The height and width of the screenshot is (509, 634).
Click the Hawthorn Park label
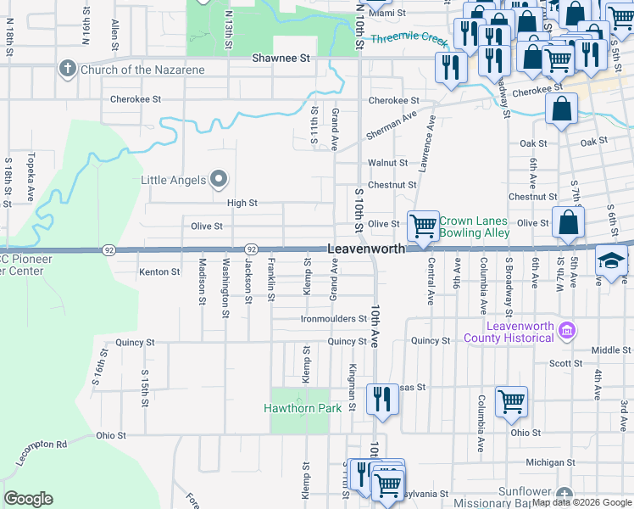(303, 408)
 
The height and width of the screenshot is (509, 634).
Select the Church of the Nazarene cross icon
(68, 69)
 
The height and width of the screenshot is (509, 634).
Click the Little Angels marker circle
(219, 179)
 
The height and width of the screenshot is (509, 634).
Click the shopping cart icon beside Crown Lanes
(423, 226)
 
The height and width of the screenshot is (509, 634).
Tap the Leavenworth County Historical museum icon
(567, 331)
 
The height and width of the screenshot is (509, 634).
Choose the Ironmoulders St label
(333, 320)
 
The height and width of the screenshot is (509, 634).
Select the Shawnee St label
(282, 59)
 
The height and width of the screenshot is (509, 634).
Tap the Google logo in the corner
(28, 499)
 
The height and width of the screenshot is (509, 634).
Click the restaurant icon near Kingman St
(381, 399)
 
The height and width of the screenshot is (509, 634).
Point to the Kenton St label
(159, 272)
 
